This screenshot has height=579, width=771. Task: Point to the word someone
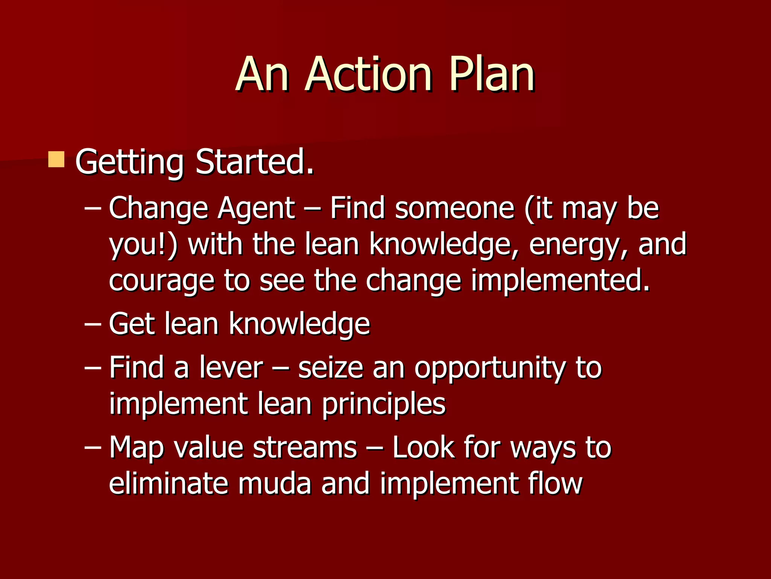tap(455, 208)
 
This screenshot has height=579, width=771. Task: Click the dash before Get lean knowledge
tap(93, 324)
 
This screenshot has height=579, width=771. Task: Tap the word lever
tap(231, 368)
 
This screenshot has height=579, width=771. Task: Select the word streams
tap(305, 448)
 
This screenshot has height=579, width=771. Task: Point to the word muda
tap(274, 484)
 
